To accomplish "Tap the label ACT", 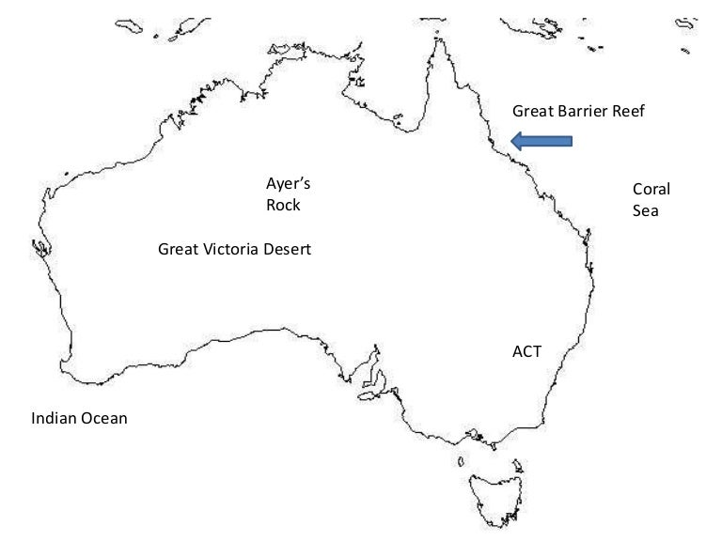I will tap(526, 351).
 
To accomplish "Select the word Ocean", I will tap(104, 418).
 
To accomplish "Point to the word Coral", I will tap(651, 189).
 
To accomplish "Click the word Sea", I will tap(645, 210).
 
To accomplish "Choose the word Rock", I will tap(284, 205).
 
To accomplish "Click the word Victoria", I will tap(231, 250).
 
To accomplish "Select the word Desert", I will tap(287, 250).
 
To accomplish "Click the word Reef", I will tap(631, 112).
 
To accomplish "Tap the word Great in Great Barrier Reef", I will tap(532, 112).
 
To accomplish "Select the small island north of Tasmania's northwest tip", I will tap(462, 461).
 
